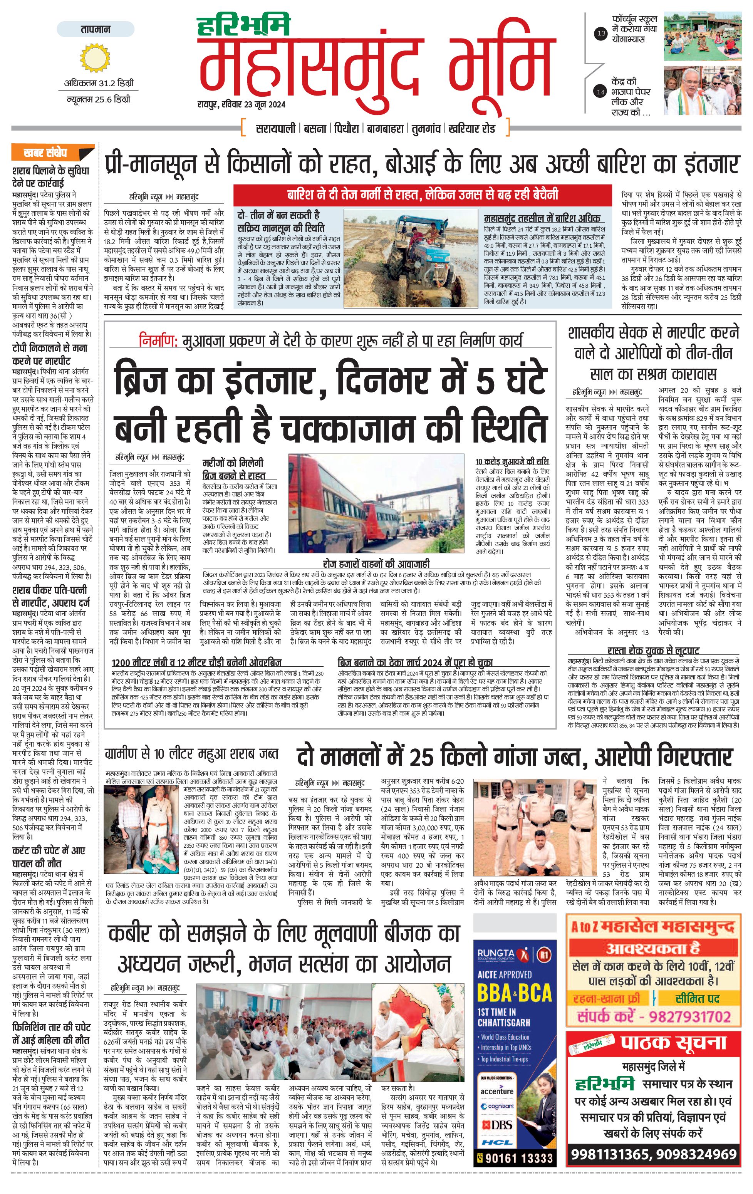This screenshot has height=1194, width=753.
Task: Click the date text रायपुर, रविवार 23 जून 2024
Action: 241,104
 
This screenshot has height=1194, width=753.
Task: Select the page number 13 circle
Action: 601,34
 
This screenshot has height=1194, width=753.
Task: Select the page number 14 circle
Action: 601,92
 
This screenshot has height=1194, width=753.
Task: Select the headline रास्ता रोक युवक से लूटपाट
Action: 653,651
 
